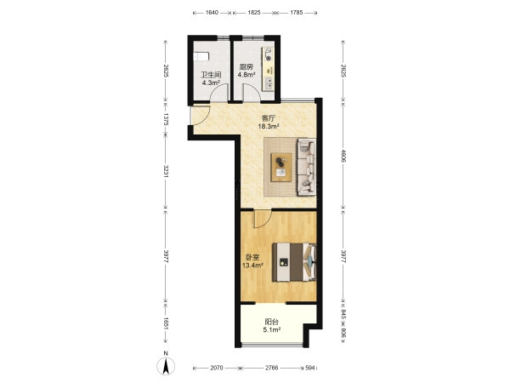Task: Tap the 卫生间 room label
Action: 211,75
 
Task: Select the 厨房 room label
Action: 246,67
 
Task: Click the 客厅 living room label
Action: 269,118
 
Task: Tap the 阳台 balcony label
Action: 272,322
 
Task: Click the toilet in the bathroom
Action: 201,57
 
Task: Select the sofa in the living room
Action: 307,167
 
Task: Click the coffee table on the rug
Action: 281,167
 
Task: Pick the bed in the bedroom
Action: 294,262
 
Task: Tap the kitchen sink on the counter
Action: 269,83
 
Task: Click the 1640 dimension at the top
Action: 212,13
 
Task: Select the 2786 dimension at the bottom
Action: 272,368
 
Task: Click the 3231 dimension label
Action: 166,171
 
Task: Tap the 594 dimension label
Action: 310,368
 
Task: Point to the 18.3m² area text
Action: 269,126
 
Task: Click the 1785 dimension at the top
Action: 296,13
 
